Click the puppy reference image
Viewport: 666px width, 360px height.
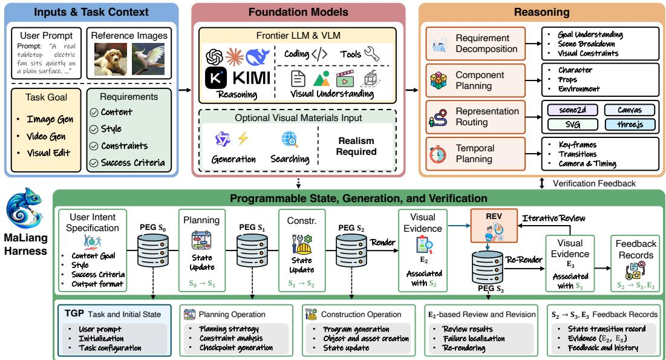click(x=111, y=59)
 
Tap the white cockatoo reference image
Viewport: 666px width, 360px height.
click(x=148, y=59)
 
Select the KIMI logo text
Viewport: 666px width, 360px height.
click(x=252, y=78)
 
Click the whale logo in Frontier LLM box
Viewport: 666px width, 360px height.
click(x=258, y=57)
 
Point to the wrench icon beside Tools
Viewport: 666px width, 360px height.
click(x=371, y=54)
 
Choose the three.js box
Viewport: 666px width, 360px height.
click(x=630, y=125)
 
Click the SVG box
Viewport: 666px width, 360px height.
click(x=573, y=125)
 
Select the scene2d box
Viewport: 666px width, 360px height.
click(x=573, y=110)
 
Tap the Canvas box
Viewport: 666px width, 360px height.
click(x=630, y=110)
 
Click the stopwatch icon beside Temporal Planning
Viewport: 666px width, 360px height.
click(x=438, y=154)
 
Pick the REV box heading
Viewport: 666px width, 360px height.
click(x=494, y=217)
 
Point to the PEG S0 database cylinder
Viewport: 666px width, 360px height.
click(x=153, y=250)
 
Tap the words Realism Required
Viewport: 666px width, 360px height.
click(x=356, y=146)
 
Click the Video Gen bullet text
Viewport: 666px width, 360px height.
click(x=46, y=136)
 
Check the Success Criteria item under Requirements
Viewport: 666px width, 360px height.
click(x=132, y=163)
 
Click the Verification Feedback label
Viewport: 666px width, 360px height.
click(x=594, y=183)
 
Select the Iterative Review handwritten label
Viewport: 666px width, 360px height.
click(x=553, y=218)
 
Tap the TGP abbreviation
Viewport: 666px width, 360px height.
click(x=74, y=313)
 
